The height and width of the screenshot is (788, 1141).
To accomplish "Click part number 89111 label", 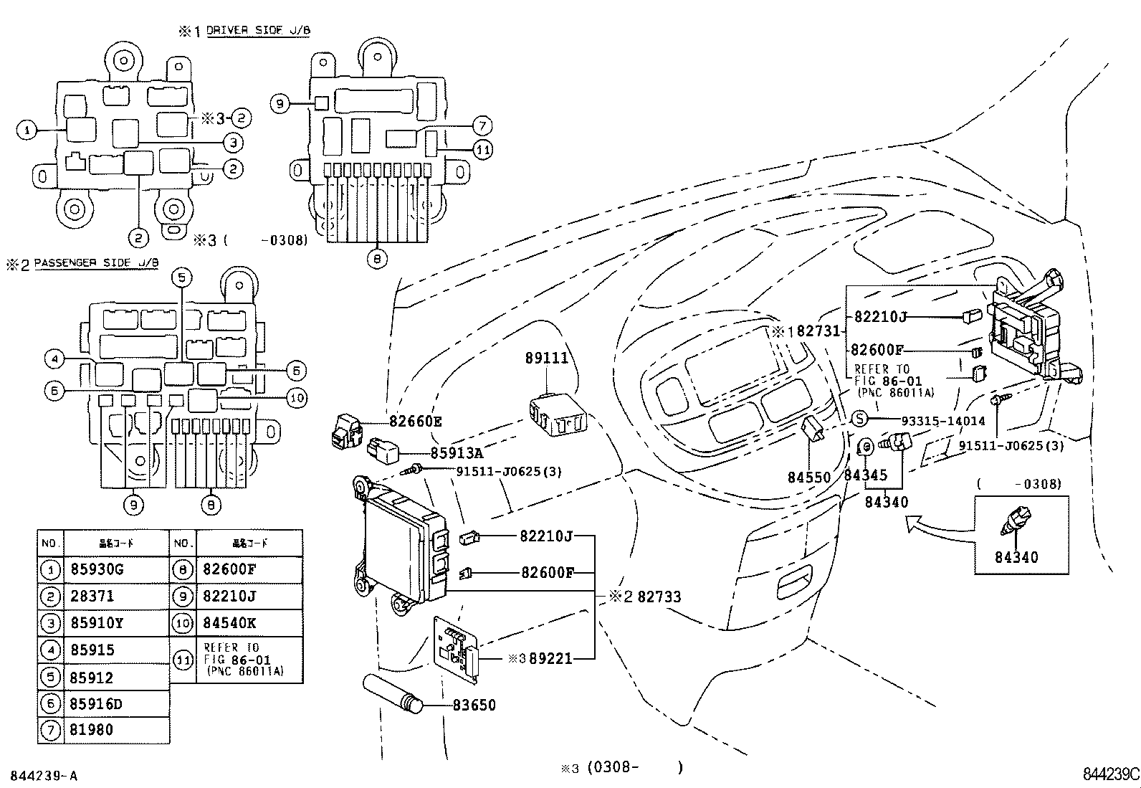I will [x=547, y=358].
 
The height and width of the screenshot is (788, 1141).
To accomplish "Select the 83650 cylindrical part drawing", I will [x=393, y=694].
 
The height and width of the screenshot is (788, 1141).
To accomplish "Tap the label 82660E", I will [x=416, y=422].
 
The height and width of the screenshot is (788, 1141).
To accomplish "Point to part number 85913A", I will [x=457, y=453].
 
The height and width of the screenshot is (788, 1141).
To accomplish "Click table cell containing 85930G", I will [x=97, y=570].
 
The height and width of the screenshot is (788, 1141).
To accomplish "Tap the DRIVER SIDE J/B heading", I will [x=258, y=31].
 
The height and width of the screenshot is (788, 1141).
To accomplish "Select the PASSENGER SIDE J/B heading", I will [x=96, y=263].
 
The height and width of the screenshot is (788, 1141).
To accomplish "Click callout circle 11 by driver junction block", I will [x=484, y=150].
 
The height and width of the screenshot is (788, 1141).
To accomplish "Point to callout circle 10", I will [x=297, y=398].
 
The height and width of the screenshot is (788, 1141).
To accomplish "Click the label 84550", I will [x=809, y=477].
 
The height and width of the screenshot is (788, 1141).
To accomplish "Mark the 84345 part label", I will [x=865, y=475].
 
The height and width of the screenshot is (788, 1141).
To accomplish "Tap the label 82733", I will [x=659, y=597].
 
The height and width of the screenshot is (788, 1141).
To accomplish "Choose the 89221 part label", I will [x=550, y=658].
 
